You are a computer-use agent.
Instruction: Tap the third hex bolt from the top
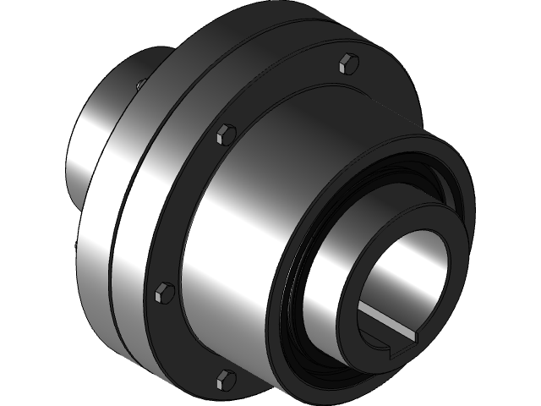point(164,293)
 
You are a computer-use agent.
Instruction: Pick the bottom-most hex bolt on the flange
point(225,378)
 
